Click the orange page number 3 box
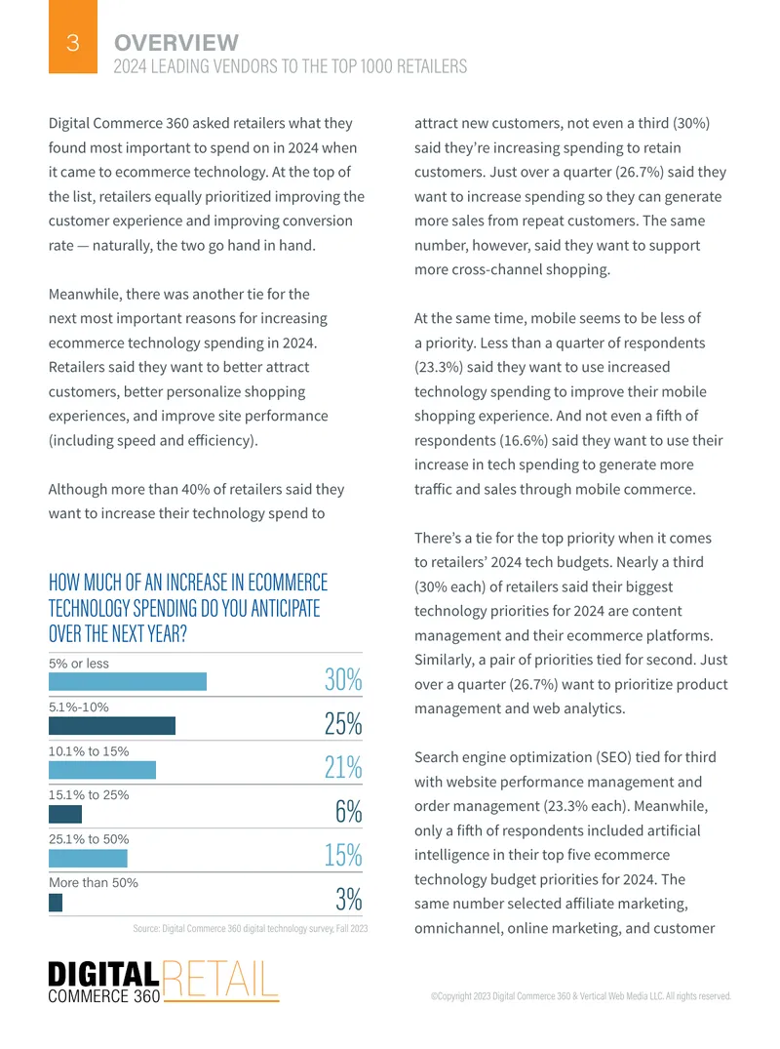[73, 37]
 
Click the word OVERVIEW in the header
[176, 43]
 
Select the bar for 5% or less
[128, 682]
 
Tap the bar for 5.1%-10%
[112, 726]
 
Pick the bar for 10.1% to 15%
[102, 770]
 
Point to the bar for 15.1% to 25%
[65, 814]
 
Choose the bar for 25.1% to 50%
[88, 858]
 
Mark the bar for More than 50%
[56, 903]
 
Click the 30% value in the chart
[343, 680]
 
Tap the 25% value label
[343, 724]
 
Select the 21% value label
[343, 767]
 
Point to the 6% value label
[349, 812]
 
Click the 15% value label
[343, 855]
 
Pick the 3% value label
[349, 899]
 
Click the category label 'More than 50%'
[94, 882]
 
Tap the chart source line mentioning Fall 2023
[251, 929]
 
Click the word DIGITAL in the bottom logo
[103, 974]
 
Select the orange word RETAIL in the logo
[219, 980]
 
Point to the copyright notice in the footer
[581, 996]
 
